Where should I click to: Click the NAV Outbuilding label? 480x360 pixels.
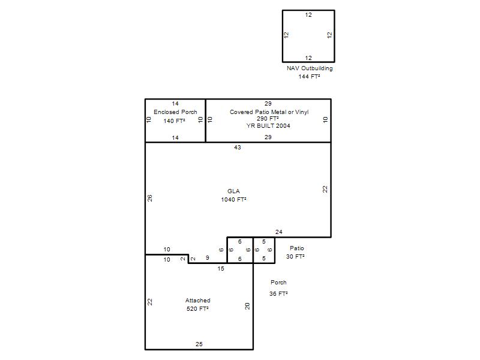(310, 68)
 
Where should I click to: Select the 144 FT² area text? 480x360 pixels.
(309, 77)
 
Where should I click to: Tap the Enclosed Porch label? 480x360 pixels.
(175, 112)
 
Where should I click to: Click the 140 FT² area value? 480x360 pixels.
(174, 121)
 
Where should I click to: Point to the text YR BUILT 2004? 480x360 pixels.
(268, 125)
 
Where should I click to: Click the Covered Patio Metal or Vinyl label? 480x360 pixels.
(269, 112)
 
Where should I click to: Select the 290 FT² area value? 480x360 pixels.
(268, 118)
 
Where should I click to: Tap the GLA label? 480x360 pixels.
(233, 191)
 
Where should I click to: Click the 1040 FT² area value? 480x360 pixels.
(233, 200)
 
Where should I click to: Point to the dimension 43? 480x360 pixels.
(238, 147)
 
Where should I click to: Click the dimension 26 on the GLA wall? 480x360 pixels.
(149, 198)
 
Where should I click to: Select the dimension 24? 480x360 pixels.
(278, 232)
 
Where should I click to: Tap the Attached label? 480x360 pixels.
(198, 301)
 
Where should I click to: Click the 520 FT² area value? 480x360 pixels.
(197, 309)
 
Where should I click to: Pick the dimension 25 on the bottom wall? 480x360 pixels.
(199, 344)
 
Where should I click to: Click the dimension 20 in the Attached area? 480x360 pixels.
(247, 306)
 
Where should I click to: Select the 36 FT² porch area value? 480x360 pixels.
(278, 294)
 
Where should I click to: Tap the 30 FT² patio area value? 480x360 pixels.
(295, 257)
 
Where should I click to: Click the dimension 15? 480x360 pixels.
(221, 268)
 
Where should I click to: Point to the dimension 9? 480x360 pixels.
(208, 258)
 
